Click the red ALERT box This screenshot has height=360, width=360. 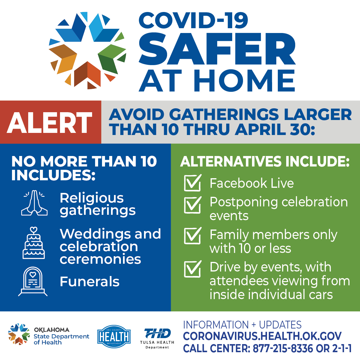[50, 122]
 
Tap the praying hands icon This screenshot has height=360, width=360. [34, 203]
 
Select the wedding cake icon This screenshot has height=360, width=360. [34, 243]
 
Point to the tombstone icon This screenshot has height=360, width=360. [33, 281]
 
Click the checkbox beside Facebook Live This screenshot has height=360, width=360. [192, 183]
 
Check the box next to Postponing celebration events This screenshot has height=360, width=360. [192, 205]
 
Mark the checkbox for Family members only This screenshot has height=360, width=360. [192, 236]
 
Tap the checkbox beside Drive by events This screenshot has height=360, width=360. [192, 269]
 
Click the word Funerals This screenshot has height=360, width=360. [89, 282]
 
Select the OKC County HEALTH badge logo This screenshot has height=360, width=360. [114, 337]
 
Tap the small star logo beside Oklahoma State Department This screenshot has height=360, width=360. [19, 334]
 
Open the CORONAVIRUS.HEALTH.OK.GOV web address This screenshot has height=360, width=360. [262, 336]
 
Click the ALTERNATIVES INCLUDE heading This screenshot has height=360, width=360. [265, 161]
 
